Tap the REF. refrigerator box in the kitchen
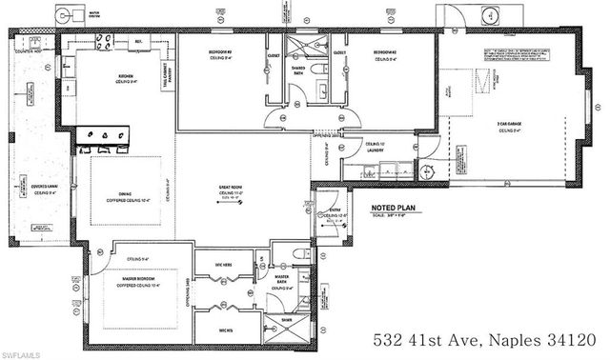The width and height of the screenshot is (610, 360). click(138, 43)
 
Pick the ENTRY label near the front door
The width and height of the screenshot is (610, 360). click(333, 211)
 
